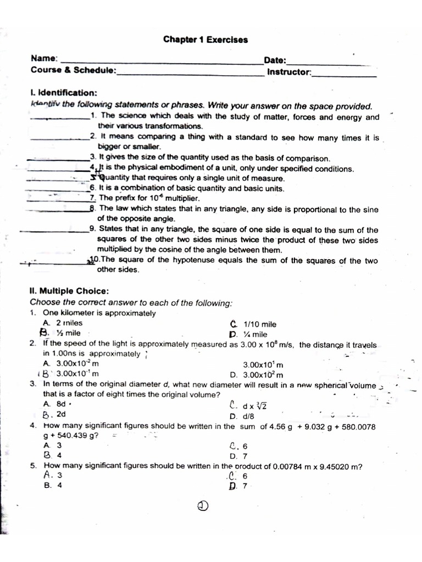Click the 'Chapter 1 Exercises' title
pyautogui.click(x=206, y=40)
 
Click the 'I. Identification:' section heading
pyautogui.click(x=64, y=93)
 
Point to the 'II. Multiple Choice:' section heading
pyautogui.click(x=69, y=291)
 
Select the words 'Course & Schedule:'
pyautogui.click(x=74, y=70)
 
